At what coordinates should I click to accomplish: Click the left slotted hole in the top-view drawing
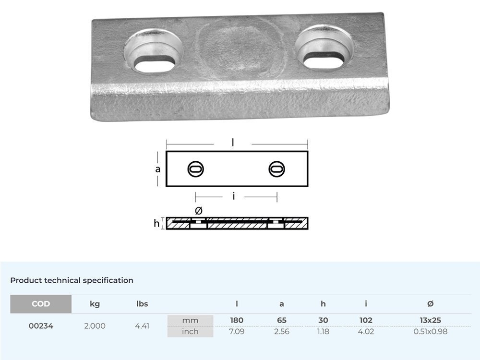[x=195, y=169]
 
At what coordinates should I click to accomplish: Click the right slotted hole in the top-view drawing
[x=277, y=169]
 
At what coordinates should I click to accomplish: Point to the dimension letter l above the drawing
[x=233, y=143]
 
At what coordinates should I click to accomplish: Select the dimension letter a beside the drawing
[x=158, y=169]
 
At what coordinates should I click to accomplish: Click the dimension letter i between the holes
[x=233, y=196]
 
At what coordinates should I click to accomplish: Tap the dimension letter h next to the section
[x=156, y=224]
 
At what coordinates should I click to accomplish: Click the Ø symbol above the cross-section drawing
[x=199, y=211]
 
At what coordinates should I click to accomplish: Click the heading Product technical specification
[x=72, y=280]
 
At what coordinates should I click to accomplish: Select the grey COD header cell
[x=41, y=304]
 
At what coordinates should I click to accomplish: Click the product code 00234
[x=41, y=326]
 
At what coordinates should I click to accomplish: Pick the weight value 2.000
[x=95, y=326]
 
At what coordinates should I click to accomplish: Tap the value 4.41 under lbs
[x=142, y=326]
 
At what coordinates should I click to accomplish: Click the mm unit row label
[x=190, y=320]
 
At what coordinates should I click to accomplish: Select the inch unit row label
[x=190, y=331]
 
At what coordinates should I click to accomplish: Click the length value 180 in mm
[x=237, y=320]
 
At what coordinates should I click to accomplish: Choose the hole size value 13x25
[x=430, y=320]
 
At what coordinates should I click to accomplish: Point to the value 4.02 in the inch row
[x=366, y=331]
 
